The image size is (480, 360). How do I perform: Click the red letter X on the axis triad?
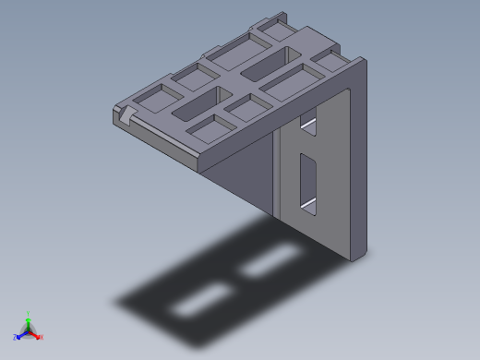[42, 337]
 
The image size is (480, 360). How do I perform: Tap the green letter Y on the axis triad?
[29, 314]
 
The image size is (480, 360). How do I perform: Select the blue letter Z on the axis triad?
[16, 337]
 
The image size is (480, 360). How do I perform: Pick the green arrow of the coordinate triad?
[29, 322]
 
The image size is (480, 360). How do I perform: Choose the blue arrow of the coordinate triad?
[21, 333]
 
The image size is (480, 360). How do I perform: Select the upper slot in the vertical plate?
[309, 126]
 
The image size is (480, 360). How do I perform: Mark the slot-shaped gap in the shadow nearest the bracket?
[268, 262]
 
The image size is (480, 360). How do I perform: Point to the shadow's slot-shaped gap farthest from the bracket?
[201, 301]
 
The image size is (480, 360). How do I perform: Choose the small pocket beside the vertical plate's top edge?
[330, 62]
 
